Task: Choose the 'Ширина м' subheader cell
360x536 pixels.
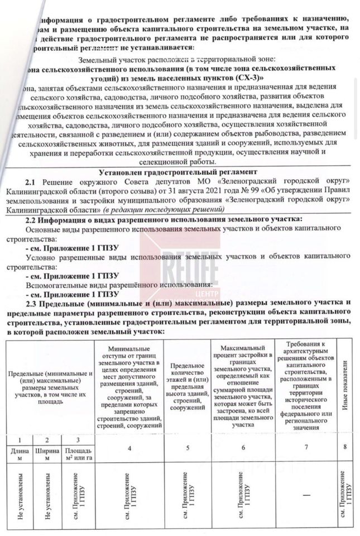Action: click(x=46, y=453)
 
